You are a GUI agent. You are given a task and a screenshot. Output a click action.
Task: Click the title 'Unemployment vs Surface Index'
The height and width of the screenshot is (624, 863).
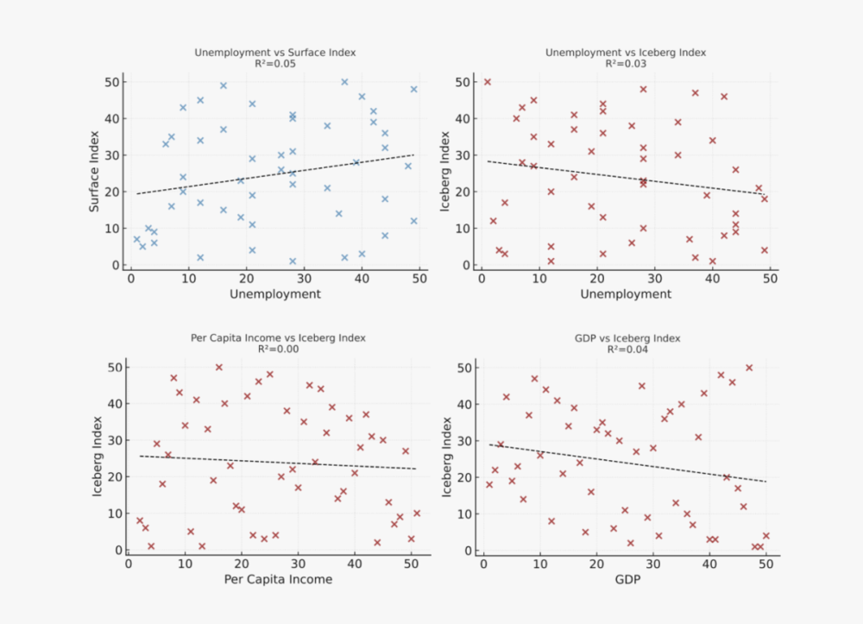[x=274, y=53]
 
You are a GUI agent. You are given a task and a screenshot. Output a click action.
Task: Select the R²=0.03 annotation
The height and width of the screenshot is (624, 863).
[x=626, y=64]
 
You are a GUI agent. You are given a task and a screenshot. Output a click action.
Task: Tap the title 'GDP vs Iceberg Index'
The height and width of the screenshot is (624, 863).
[x=626, y=338]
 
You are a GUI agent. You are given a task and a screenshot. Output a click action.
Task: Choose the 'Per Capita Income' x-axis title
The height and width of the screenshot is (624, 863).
[x=278, y=579]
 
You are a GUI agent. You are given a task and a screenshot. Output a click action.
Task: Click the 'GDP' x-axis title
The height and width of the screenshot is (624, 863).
[x=625, y=579]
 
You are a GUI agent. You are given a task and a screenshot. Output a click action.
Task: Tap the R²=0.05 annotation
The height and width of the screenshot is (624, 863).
[x=274, y=64]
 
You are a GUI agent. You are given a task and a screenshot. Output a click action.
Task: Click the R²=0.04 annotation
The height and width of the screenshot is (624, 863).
[x=626, y=350]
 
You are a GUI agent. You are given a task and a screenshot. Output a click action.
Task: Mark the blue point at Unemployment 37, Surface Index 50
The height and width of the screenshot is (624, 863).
[x=344, y=82]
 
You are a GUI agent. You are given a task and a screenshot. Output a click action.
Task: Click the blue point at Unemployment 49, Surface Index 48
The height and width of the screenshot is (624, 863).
[x=413, y=89]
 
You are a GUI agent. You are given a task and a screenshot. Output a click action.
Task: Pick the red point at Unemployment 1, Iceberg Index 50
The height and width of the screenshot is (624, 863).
[x=487, y=82]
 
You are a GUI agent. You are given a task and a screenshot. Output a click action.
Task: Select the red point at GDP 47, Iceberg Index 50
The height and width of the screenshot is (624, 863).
[x=749, y=368]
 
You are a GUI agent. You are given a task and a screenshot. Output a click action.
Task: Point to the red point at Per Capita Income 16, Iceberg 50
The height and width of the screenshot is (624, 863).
[x=219, y=368]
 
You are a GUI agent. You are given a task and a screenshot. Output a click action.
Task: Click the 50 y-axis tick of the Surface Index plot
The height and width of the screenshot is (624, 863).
[x=112, y=82]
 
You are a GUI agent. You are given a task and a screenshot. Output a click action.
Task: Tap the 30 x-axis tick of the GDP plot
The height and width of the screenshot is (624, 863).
[x=652, y=564]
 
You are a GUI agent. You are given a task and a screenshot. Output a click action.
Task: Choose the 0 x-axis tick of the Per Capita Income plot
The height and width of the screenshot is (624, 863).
[x=129, y=564]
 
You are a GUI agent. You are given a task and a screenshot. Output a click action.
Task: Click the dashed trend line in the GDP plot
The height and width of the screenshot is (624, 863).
[x=625, y=463]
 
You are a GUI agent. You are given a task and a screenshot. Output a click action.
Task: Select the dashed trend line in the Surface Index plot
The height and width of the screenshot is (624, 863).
[x=274, y=174]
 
